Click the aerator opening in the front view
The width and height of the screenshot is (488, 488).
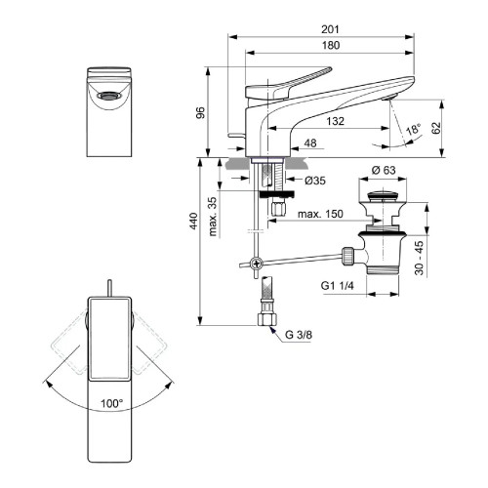pyautogui.click(x=107, y=95)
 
